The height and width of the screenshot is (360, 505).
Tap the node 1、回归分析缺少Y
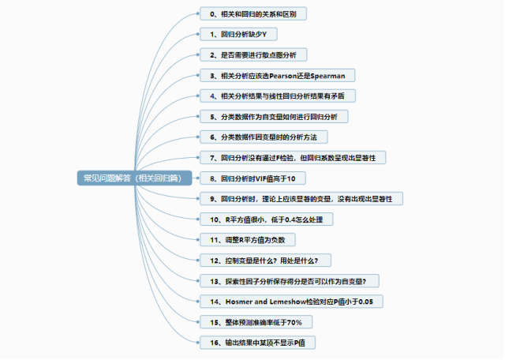point(238,36)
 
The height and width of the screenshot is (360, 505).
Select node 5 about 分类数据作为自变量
point(268,117)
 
